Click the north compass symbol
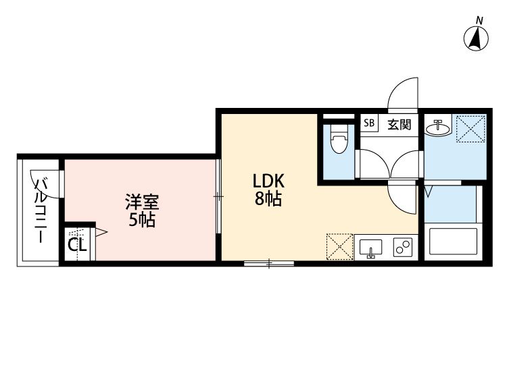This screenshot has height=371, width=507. (x=477, y=38)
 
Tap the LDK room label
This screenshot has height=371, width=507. (x=269, y=181)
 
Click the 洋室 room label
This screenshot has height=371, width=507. (x=142, y=201)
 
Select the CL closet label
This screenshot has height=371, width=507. (x=77, y=244)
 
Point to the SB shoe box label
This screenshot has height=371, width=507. (x=369, y=123)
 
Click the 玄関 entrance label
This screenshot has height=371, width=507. (x=399, y=123)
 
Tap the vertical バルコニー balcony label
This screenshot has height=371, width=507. (x=41, y=209)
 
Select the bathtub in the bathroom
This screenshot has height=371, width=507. (x=453, y=242)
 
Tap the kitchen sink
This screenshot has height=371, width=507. (x=370, y=248)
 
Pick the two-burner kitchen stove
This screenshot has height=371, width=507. (x=404, y=248)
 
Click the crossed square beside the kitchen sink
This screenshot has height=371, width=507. (x=339, y=246)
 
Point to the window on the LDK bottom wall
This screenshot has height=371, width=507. (x=268, y=263)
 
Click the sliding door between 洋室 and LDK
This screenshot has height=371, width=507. (x=218, y=196)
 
